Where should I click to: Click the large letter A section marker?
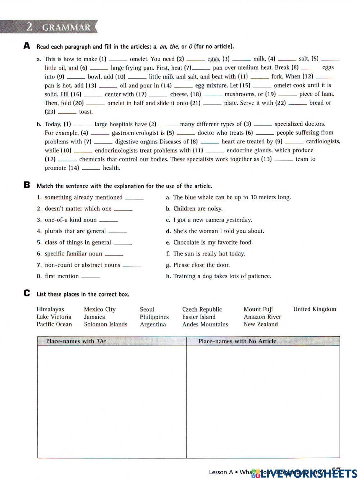[27, 46]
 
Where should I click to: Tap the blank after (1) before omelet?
[118, 59]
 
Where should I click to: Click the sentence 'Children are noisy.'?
[198, 209]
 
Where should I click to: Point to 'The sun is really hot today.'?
[209, 254]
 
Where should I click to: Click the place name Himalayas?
[50, 309]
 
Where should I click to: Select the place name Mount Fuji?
[258, 309]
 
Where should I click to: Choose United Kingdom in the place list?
[314, 309]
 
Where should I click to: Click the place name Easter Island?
[199, 317]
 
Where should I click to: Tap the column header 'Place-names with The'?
[76, 341]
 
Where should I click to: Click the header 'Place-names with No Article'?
[237, 341]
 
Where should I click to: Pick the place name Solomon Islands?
[105, 324]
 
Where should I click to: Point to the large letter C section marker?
[27, 293]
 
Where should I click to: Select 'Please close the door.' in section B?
[201, 265]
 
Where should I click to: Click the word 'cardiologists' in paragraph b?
[323, 142]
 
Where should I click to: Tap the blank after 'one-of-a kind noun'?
[108, 220]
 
